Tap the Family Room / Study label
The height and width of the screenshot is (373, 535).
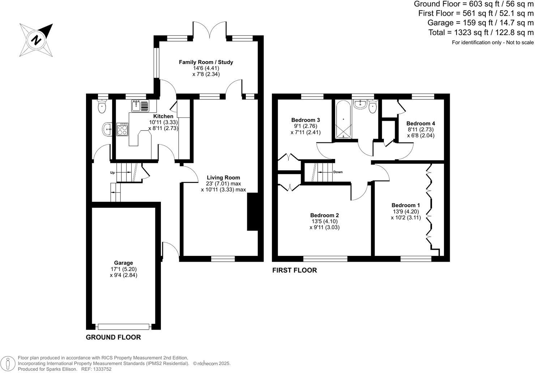[206, 62]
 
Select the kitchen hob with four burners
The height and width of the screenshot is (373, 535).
[122, 129]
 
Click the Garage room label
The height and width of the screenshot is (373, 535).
[124, 263]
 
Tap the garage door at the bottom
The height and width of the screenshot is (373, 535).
[123, 327]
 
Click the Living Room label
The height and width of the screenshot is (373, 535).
[223, 177]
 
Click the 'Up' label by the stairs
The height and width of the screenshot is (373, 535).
[112, 173]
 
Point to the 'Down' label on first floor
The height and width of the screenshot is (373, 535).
[338, 172]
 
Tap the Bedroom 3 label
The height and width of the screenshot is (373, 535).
[305, 120]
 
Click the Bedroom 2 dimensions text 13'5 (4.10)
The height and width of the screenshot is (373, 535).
[324, 221]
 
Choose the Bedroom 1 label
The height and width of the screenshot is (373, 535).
[406, 205]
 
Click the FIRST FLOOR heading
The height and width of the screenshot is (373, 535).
[294, 270]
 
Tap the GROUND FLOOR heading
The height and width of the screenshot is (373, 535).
[113, 337]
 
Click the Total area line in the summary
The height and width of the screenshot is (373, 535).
[481, 33]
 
